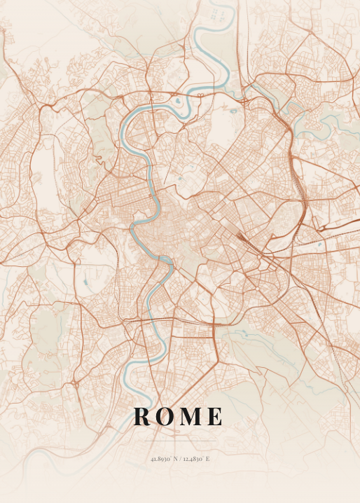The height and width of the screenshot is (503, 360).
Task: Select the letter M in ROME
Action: (190, 417)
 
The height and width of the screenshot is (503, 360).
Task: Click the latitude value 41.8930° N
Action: (163, 459)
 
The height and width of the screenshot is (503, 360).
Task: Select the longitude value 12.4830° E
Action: (195, 459)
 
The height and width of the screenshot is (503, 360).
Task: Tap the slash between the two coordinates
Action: (180, 459)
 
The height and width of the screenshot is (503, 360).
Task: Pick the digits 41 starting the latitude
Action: (153, 459)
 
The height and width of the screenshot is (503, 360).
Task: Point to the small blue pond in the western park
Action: (85, 282)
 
